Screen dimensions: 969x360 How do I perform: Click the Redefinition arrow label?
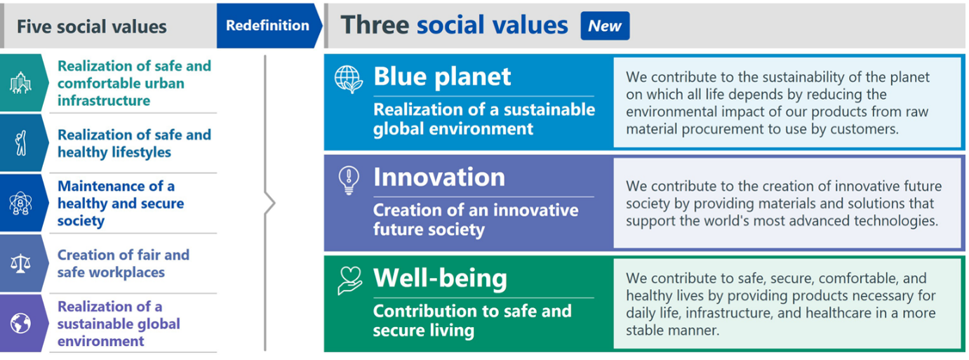click(x=267, y=25)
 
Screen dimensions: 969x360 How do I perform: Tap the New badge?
click(x=605, y=26)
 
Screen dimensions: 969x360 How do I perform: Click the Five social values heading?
click(x=92, y=27)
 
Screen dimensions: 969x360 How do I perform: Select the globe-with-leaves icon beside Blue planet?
click(x=349, y=79)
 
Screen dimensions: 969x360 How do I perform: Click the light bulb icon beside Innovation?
click(x=349, y=180)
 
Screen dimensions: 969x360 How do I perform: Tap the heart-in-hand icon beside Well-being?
click(x=349, y=281)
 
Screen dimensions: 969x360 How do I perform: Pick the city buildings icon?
click(x=21, y=83)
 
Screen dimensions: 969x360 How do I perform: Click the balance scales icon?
click(x=21, y=264)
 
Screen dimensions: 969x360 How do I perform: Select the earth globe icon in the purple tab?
click(x=21, y=324)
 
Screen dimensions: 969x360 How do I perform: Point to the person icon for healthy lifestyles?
click(x=21, y=142)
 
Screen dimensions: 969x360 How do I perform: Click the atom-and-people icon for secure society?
click(x=21, y=204)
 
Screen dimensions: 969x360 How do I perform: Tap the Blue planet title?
click(x=442, y=76)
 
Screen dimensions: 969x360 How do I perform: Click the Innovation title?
click(x=439, y=177)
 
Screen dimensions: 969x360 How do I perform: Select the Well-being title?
click(x=441, y=278)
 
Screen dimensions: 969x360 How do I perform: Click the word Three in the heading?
click(x=375, y=25)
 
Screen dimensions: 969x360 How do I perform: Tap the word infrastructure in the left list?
click(x=104, y=100)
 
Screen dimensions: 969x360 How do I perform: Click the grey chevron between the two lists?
click(x=268, y=204)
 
